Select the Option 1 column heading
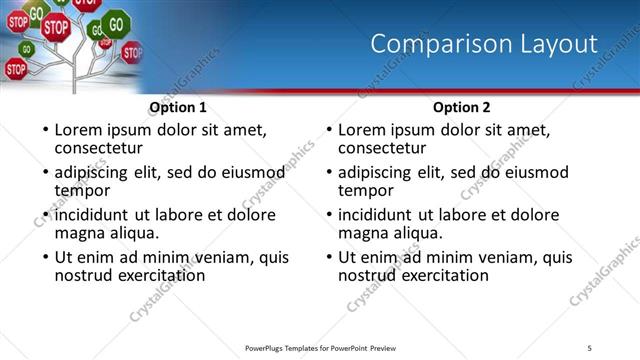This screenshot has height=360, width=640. [178, 107]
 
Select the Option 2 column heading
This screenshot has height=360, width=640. [462, 107]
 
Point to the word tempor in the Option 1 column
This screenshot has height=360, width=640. [82, 190]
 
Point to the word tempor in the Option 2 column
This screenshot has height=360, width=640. [366, 190]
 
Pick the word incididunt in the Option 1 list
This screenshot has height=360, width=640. [93, 215]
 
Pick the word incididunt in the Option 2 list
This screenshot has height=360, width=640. [377, 215]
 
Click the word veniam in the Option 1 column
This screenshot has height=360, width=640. [210, 257]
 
